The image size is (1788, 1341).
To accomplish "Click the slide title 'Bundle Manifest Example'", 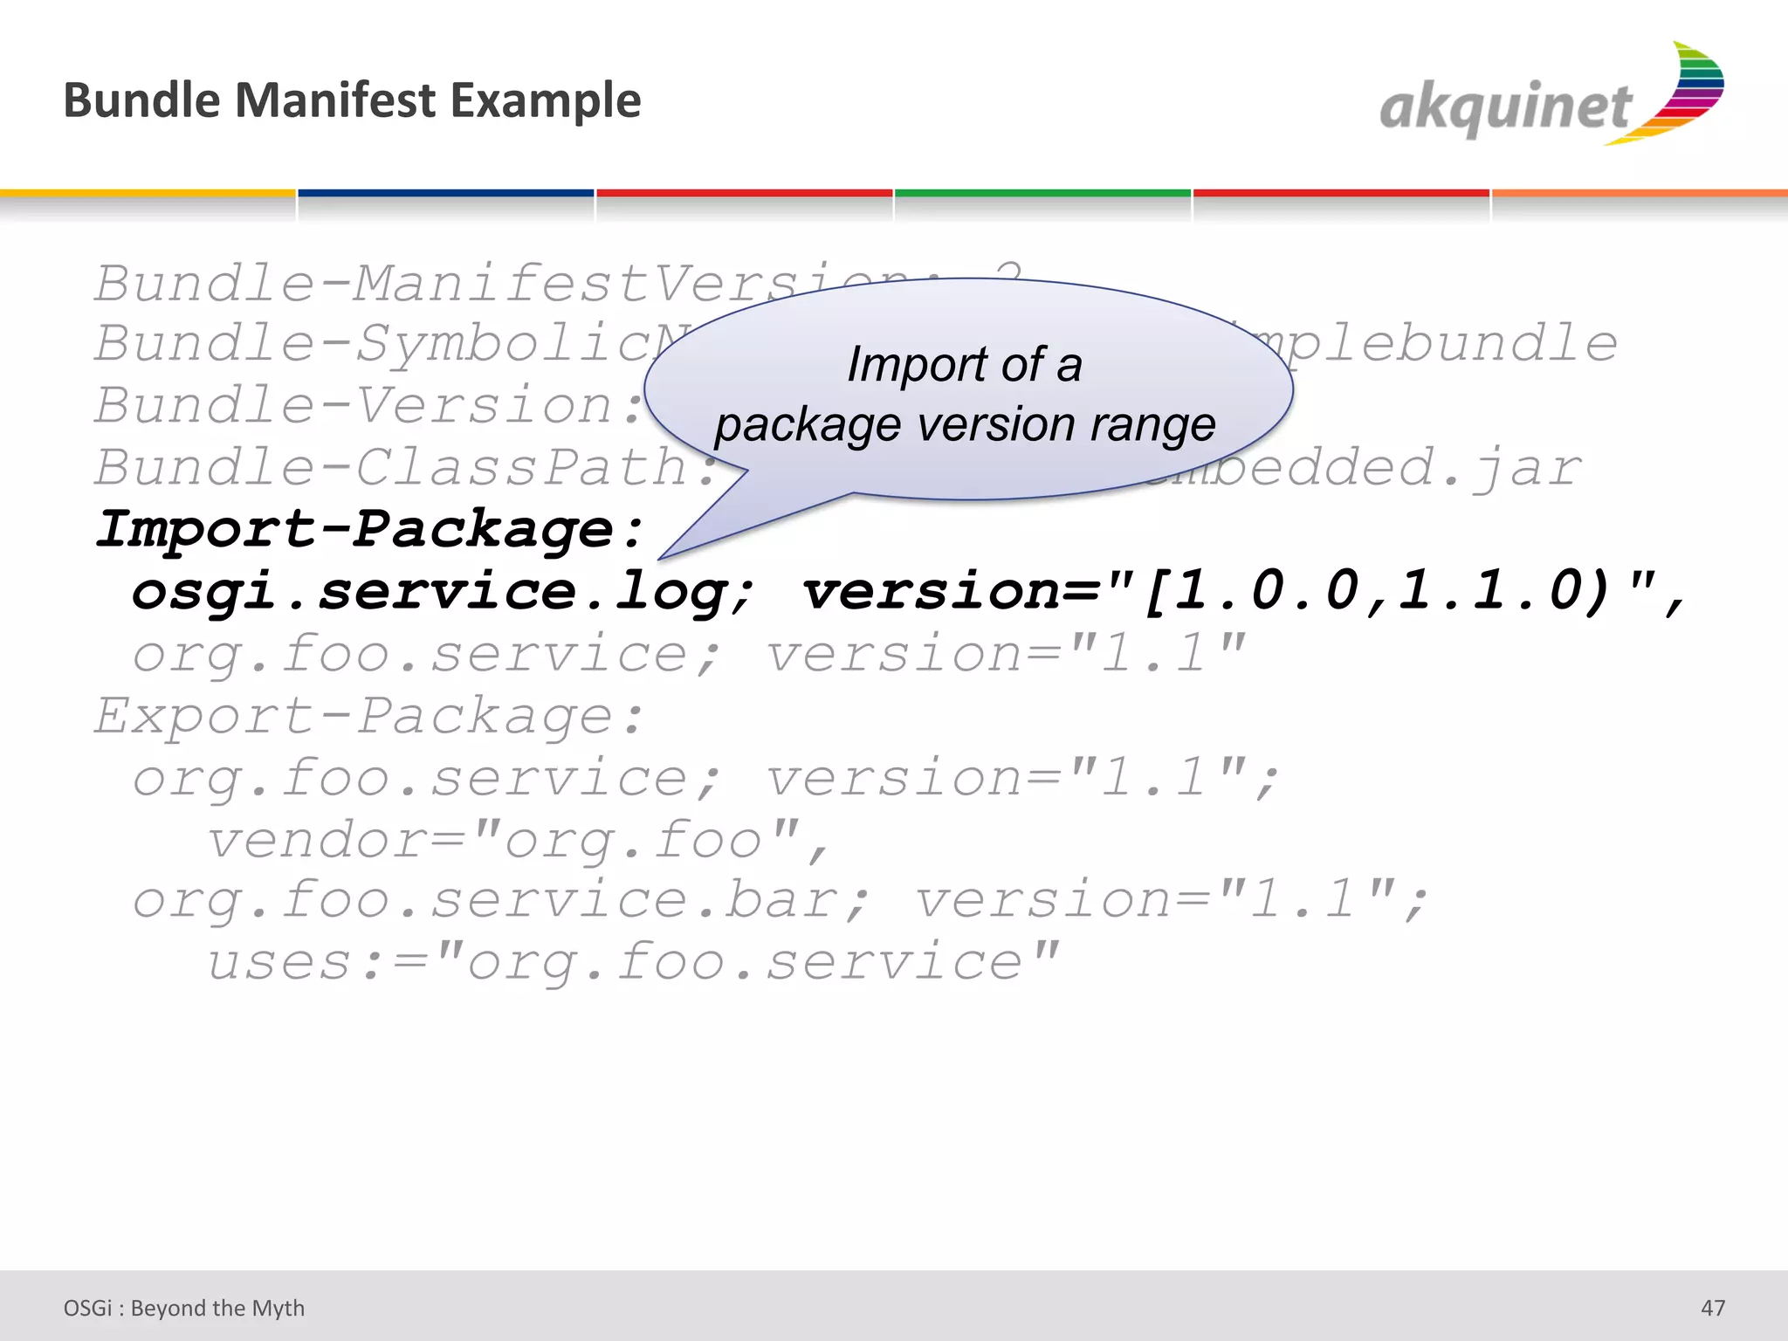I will pyautogui.click(x=352, y=100).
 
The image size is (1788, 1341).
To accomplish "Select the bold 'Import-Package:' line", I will pyautogui.click(x=370, y=529).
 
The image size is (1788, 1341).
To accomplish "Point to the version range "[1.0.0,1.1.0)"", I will pyautogui.click(x=1376, y=590).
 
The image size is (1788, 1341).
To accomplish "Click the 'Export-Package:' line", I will pyautogui.click(x=370, y=716).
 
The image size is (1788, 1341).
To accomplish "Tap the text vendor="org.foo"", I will pyautogui.click(x=517, y=840).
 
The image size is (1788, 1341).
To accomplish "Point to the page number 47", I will pyautogui.click(x=1713, y=1308).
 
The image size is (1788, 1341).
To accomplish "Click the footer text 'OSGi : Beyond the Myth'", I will pyautogui.click(x=184, y=1308).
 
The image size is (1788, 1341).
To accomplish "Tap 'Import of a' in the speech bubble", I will pyautogui.click(x=965, y=364).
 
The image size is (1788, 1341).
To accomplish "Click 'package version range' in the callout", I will pyautogui.click(x=965, y=425).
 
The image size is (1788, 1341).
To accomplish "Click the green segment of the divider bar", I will pyautogui.click(x=1042, y=193).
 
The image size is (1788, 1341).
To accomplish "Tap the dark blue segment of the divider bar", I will pyautogui.click(x=446, y=193).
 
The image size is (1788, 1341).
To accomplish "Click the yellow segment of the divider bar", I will pyautogui.click(x=148, y=193).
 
